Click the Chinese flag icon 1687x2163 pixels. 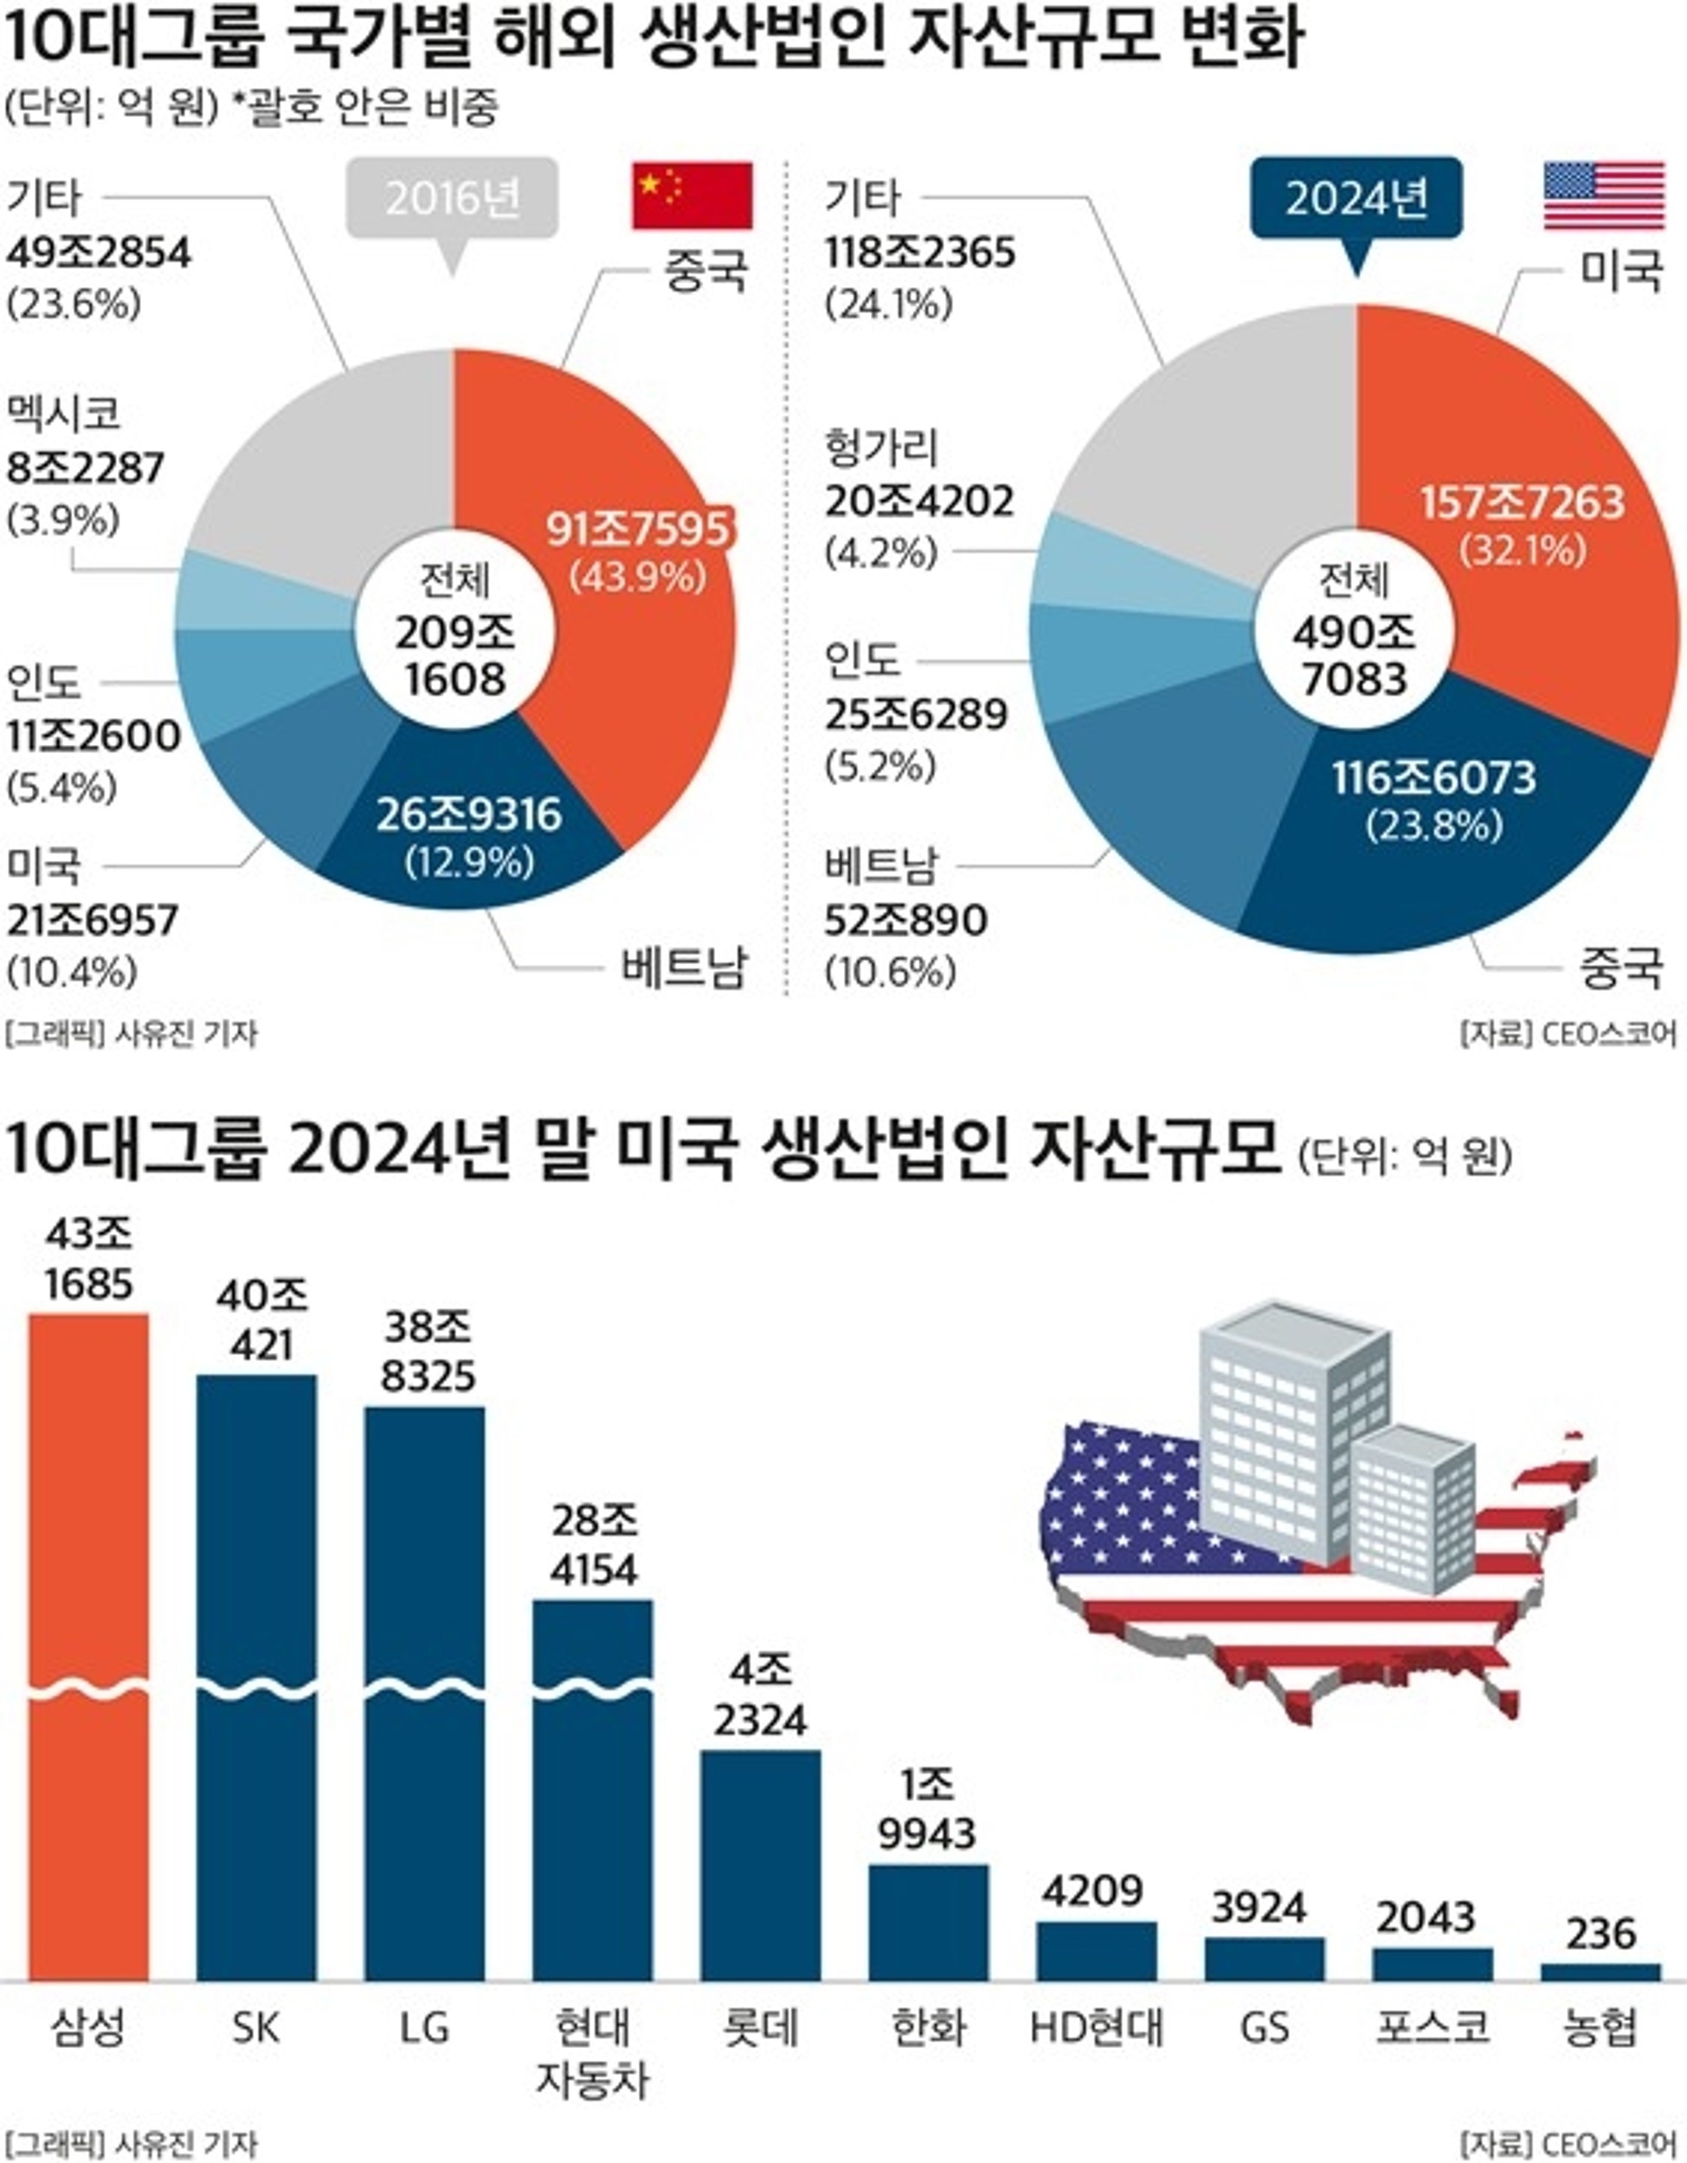(x=692, y=196)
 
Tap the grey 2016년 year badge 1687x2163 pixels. (x=452, y=198)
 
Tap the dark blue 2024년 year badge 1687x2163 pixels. (x=1356, y=199)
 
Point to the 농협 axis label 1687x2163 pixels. (x=1600, y=2029)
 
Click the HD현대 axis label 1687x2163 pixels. (x=1097, y=2029)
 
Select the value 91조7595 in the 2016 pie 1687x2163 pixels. (x=638, y=529)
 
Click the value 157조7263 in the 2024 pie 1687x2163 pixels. (x=1523, y=502)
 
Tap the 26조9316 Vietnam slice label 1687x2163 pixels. (x=468, y=815)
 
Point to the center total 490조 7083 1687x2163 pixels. (x=1354, y=656)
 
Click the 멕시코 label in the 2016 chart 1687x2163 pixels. (x=64, y=413)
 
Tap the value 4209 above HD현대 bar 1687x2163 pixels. (x=1093, y=1890)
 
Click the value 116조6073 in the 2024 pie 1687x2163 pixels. (x=1433, y=779)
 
